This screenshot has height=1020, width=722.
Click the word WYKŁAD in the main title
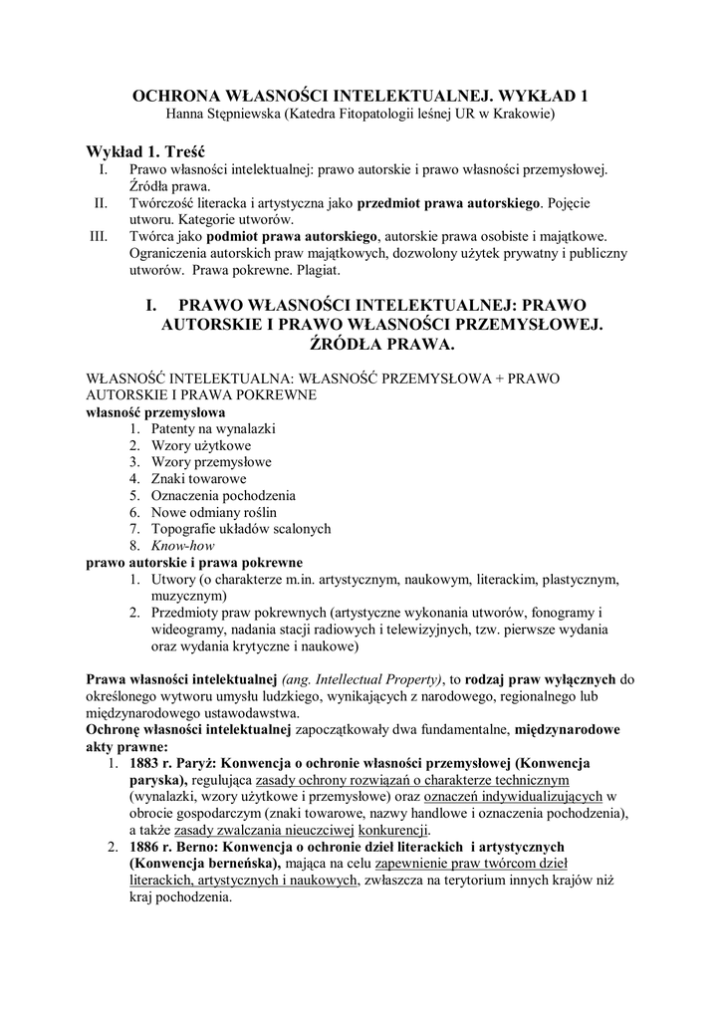534,97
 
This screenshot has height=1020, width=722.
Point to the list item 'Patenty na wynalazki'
213,428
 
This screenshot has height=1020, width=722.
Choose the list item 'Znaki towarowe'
198,478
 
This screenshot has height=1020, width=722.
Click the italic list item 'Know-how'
182,546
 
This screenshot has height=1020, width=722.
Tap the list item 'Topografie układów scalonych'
241,529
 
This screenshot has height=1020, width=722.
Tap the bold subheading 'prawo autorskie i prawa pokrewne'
194,562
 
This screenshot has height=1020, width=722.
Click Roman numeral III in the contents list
98,236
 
